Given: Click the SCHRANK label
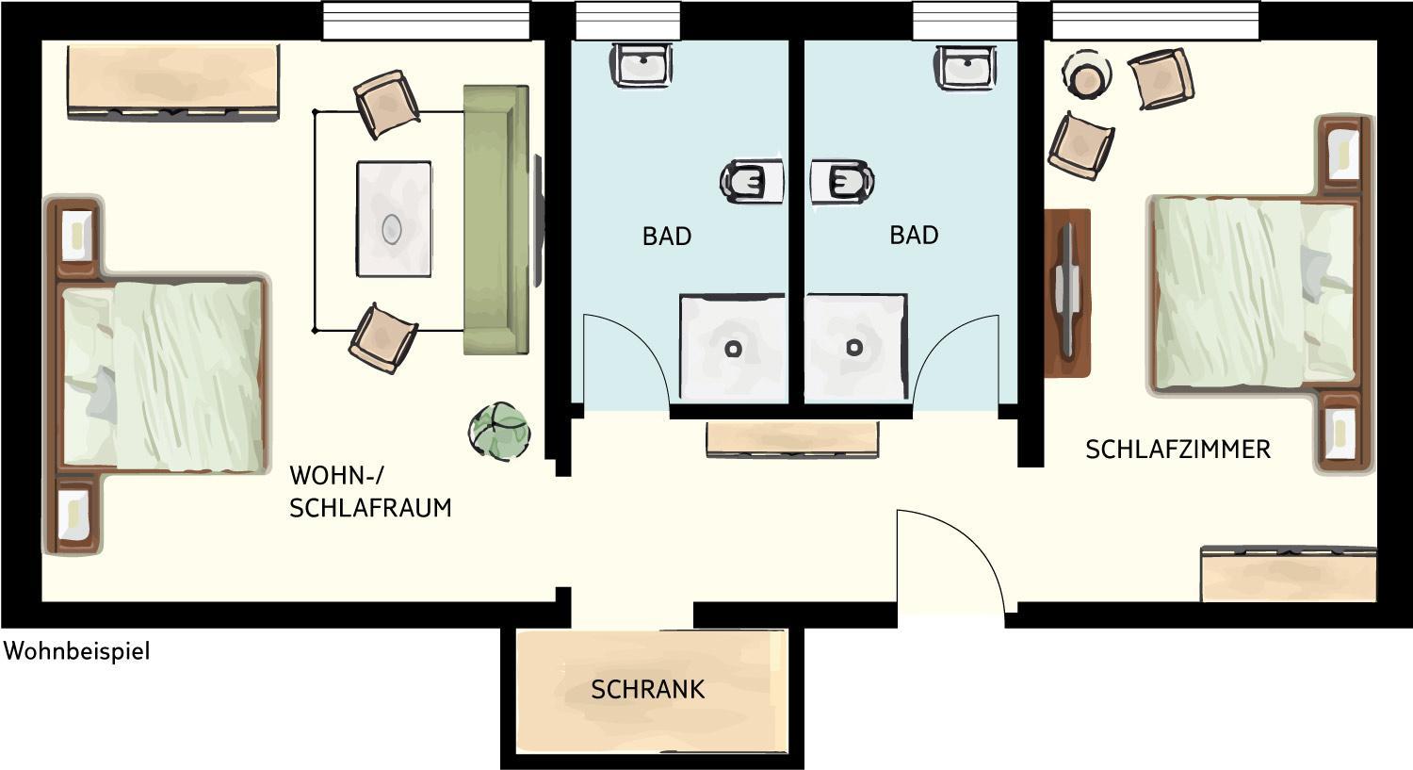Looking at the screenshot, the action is pyautogui.click(x=648, y=690).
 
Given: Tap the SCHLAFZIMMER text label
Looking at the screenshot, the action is pyautogui.click(x=1177, y=450).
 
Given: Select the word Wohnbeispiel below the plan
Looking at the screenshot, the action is pyautogui.click(x=77, y=651).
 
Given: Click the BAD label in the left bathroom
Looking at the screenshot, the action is pyautogui.click(x=667, y=236).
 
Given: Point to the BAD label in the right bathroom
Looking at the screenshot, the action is pyautogui.click(x=914, y=235).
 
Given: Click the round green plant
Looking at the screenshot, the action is pyautogui.click(x=499, y=432).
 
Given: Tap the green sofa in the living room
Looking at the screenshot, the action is pyautogui.click(x=496, y=220).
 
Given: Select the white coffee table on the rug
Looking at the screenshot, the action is pyautogui.click(x=395, y=219).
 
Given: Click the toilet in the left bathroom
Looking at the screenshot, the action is pyautogui.click(x=752, y=181).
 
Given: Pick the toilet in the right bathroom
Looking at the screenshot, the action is pyautogui.click(x=842, y=181).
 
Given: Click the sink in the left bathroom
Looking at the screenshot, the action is pyautogui.click(x=642, y=65).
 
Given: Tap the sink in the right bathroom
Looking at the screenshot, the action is pyautogui.click(x=966, y=66).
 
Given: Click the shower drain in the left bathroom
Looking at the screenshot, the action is pyautogui.click(x=732, y=349).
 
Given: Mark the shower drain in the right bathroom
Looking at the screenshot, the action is pyautogui.click(x=854, y=347).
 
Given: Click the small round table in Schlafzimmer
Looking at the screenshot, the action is pyautogui.click(x=1086, y=74).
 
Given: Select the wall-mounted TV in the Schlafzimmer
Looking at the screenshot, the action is pyautogui.click(x=1067, y=292).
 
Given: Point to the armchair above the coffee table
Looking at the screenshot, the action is pyautogui.click(x=386, y=104).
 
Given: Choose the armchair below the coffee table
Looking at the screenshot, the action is pyautogui.click(x=383, y=338).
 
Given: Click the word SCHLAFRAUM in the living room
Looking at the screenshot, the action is pyautogui.click(x=370, y=508).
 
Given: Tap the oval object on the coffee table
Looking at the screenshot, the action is pyautogui.click(x=392, y=228).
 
